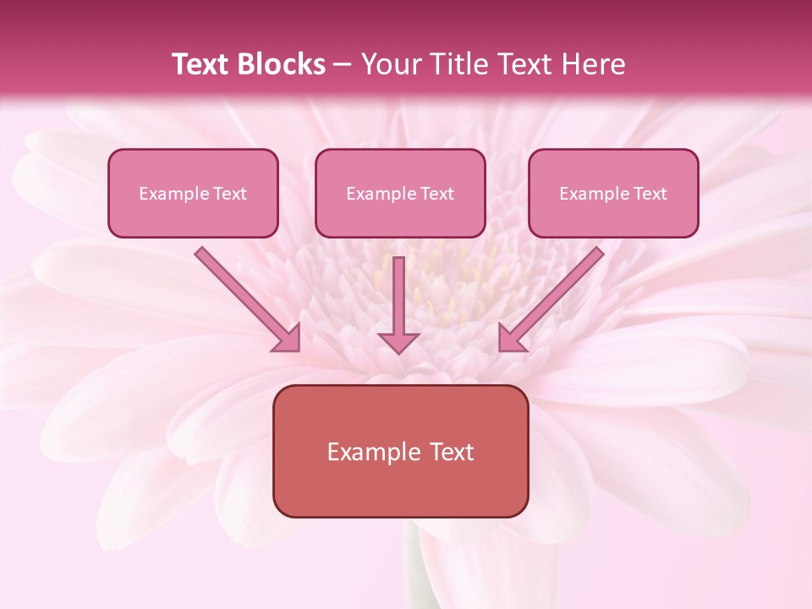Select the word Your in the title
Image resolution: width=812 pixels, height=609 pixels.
391,64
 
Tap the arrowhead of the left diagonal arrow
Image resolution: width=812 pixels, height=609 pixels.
288,338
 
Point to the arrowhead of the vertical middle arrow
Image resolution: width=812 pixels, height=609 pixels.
398,342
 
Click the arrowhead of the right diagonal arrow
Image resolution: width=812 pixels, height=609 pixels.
511,338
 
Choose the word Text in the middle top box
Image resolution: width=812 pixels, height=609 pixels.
436,194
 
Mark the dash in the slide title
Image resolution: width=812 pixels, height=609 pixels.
343,65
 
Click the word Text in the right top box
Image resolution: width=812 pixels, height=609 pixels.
650,194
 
